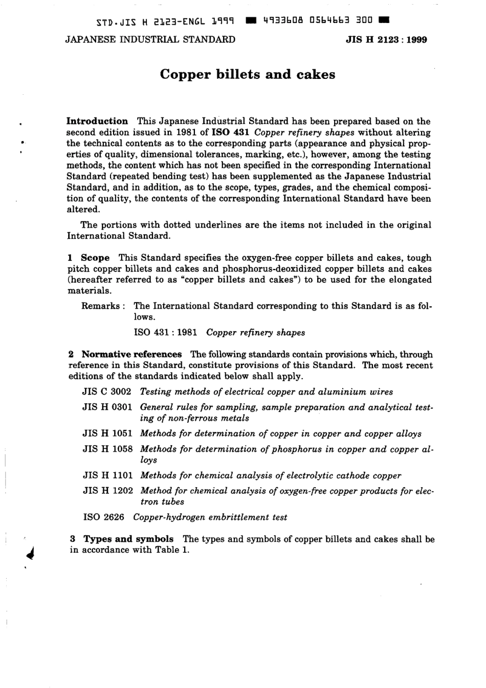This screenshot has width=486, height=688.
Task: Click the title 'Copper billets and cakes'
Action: [x=248, y=75]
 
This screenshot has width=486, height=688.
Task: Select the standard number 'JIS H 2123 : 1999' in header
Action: [x=386, y=39]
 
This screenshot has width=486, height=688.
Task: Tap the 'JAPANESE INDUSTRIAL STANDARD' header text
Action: [x=150, y=39]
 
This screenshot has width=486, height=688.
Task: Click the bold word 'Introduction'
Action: [x=97, y=121]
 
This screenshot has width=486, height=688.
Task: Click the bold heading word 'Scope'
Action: [x=95, y=258]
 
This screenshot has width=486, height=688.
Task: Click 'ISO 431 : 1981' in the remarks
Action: [x=166, y=332]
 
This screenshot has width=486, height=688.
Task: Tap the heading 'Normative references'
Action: [x=131, y=355]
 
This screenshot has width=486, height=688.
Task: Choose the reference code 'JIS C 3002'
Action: [x=106, y=392]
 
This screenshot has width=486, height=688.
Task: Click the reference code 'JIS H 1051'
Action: [x=107, y=433]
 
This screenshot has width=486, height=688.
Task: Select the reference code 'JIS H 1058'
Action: [x=107, y=449]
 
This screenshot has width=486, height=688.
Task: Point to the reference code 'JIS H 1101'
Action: [x=107, y=475]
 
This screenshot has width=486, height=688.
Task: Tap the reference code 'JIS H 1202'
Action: [x=107, y=491]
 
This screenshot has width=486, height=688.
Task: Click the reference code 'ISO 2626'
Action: [x=103, y=517]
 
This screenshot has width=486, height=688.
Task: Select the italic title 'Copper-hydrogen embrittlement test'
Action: [x=210, y=517]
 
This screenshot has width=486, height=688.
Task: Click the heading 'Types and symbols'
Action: [x=128, y=539]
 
